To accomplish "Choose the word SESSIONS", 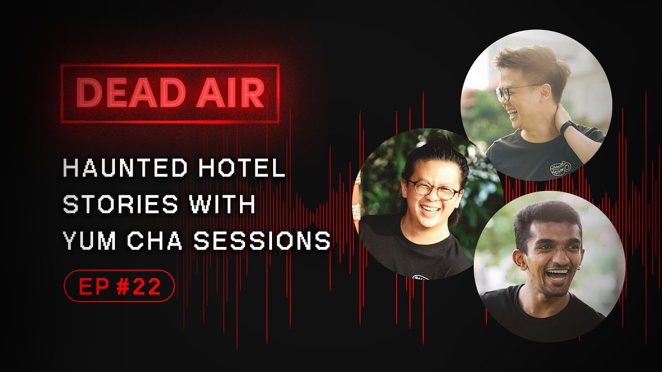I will (x=262, y=240).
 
